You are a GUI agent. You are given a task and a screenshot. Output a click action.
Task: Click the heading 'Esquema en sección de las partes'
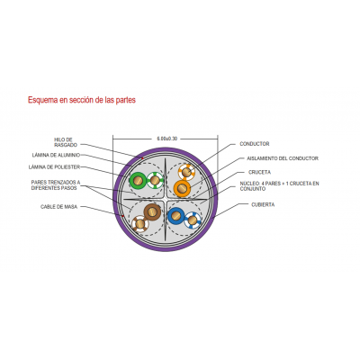click(82, 100)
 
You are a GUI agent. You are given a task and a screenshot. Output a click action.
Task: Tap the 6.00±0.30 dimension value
click(167, 139)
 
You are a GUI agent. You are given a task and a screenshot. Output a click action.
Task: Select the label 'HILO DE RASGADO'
click(66, 142)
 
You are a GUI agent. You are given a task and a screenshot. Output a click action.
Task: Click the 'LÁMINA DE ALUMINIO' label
click(56, 155)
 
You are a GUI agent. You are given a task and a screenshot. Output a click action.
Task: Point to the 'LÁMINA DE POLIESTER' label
click(54, 166)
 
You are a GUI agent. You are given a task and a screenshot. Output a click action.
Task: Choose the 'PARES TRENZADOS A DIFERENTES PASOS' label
click(56, 185)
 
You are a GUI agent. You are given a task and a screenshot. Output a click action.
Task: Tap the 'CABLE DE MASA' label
click(58, 207)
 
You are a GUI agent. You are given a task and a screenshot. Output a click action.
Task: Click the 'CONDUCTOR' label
click(255, 144)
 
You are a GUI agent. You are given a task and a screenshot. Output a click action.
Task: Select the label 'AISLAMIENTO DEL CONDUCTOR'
click(283, 158)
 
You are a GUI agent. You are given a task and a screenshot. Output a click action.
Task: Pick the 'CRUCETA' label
click(259, 172)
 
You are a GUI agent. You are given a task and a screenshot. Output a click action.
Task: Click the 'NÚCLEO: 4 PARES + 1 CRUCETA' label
click(279, 186)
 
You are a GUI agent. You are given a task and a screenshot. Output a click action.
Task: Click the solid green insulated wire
click(138, 181)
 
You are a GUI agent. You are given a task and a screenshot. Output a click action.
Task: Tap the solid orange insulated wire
click(182, 188)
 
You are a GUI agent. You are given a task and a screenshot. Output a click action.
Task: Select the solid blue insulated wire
click(176, 216)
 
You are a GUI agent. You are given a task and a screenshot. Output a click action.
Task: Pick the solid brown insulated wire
click(152, 211)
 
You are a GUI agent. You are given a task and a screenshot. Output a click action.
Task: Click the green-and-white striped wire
click(155, 180)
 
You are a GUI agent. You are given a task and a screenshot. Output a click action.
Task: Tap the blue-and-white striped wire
click(193, 220)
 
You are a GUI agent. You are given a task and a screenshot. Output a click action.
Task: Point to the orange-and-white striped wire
click(186, 172)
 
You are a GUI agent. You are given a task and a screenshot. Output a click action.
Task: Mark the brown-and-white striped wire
click(140, 224)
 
